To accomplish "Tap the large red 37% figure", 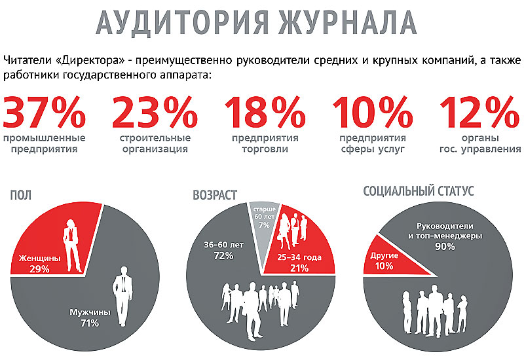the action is pyautogui.click(x=45, y=112).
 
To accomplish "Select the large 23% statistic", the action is pyautogui.click(x=155, y=112).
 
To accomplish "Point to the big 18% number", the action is pyautogui.click(x=265, y=112).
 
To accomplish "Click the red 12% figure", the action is pyautogui.click(x=479, y=112).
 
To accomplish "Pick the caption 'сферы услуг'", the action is pyautogui.click(x=373, y=149).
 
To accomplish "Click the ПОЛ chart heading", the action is pyautogui.click(x=21, y=195).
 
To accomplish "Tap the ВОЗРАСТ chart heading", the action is pyautogui.click(x=215, y=195).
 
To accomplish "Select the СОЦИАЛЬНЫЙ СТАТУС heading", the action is pyautogui.click(x=419, y=191).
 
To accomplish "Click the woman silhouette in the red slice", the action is pyautogui.click(x=72, y=245).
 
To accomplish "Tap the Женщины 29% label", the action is pyautogui.click(x=39, y=264).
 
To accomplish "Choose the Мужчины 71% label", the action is pyautogui.click(x=90, y=317).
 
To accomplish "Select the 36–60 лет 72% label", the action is pyautogui.click(x=224, y=251).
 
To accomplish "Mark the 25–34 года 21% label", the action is pyautogui.click(x=299, y=263).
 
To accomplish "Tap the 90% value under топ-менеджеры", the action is pyautogui.click(x=445, y=247).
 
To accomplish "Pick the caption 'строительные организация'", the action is pyautogui.click(x=155, y=143).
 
